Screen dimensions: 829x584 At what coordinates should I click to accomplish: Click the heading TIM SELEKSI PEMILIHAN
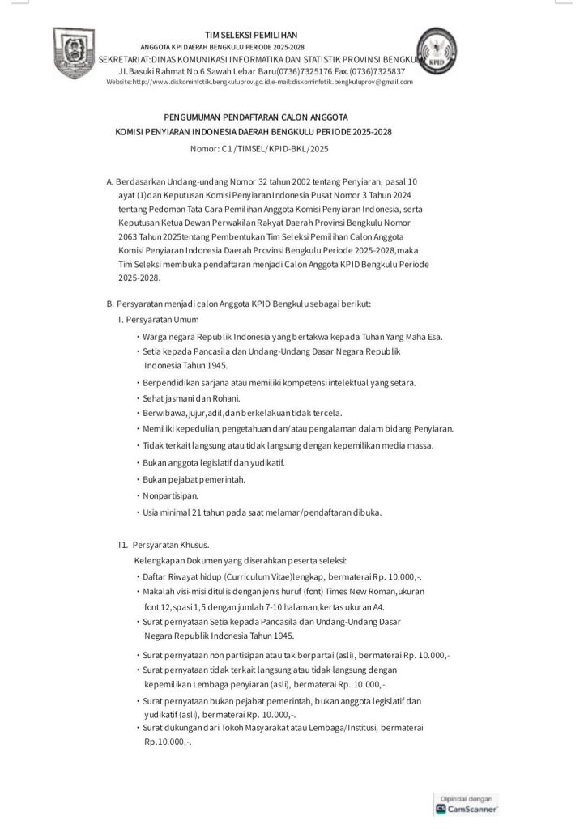click(251, 35)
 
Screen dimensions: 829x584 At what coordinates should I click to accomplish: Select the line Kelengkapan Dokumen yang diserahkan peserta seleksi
click(241, 560)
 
